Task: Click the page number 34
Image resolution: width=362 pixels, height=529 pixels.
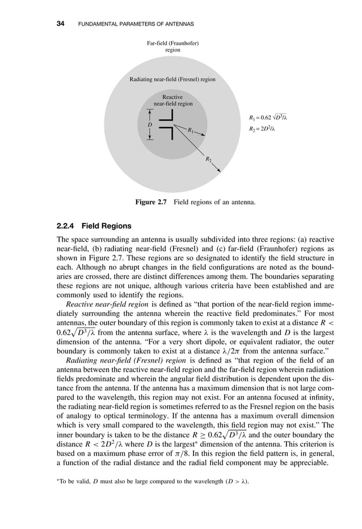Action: [60, 24]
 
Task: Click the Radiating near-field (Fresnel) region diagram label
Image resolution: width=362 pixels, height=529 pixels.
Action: [172, 79]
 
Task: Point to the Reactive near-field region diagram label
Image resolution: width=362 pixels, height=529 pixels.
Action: [173, 100]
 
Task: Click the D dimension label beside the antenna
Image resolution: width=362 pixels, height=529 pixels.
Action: [150, 124]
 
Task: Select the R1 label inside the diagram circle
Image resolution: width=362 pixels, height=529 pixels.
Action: [191, 131]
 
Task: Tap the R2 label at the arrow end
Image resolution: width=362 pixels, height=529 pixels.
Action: [208, 160]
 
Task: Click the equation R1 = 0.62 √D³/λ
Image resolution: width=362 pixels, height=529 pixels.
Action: [270, 118]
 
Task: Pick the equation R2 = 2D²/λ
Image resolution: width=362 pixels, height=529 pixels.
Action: [262, 129]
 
